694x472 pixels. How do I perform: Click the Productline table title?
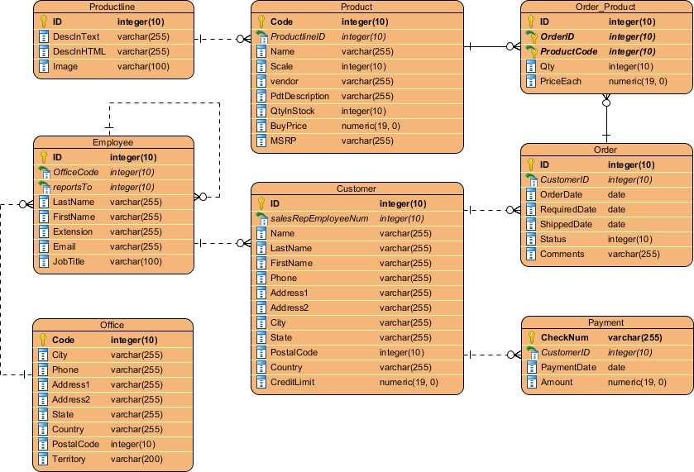112,7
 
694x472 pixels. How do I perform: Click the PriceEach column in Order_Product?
560,81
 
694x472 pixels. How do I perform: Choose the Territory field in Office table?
68,459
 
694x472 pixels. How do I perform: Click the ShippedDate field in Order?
566,224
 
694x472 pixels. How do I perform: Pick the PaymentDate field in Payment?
567,367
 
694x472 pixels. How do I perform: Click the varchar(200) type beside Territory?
136,459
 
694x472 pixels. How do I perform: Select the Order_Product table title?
605,7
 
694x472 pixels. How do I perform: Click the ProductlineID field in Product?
298,36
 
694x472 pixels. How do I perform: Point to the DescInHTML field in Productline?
79,51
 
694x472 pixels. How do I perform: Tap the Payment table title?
605,322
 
